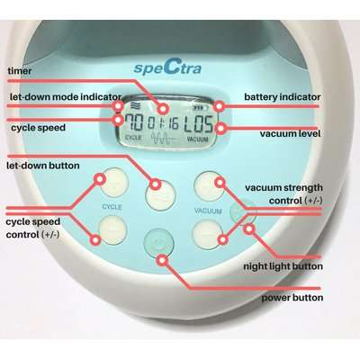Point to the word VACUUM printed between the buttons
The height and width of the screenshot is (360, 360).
click(208, 210)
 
